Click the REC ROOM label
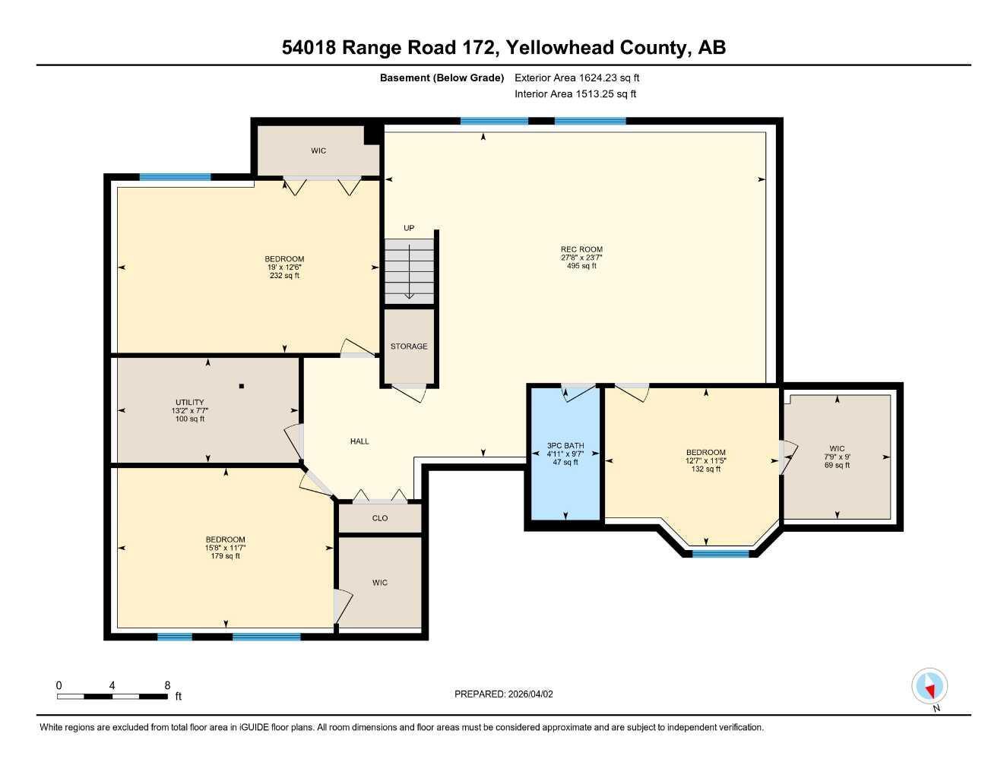581,249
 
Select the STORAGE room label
409,346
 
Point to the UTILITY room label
189,403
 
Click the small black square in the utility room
242,386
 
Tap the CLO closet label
380,518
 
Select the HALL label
359,441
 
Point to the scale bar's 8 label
167,685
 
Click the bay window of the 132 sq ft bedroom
720,553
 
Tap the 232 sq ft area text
285,276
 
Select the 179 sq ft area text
226,556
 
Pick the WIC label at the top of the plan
318,150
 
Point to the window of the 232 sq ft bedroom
175,177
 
